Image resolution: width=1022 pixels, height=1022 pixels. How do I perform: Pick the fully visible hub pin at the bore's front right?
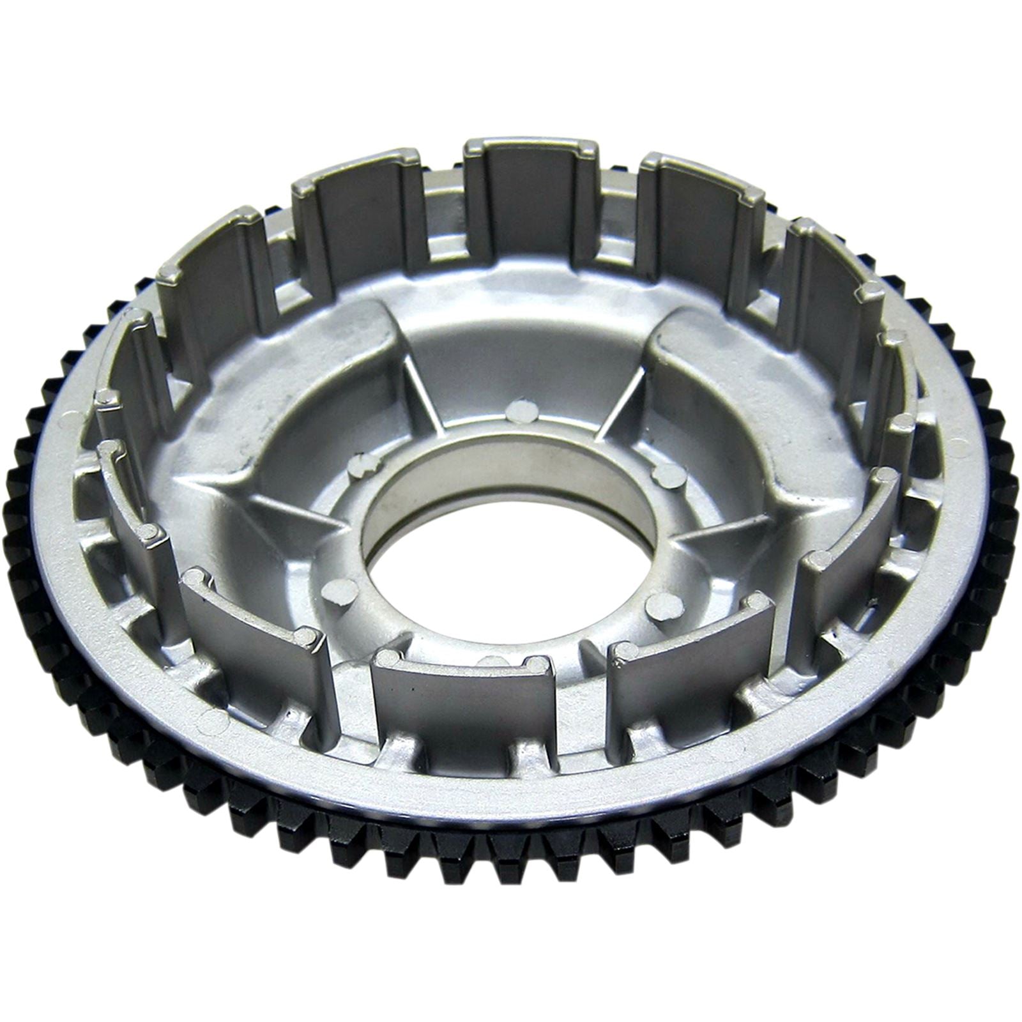tap(661, 604)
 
